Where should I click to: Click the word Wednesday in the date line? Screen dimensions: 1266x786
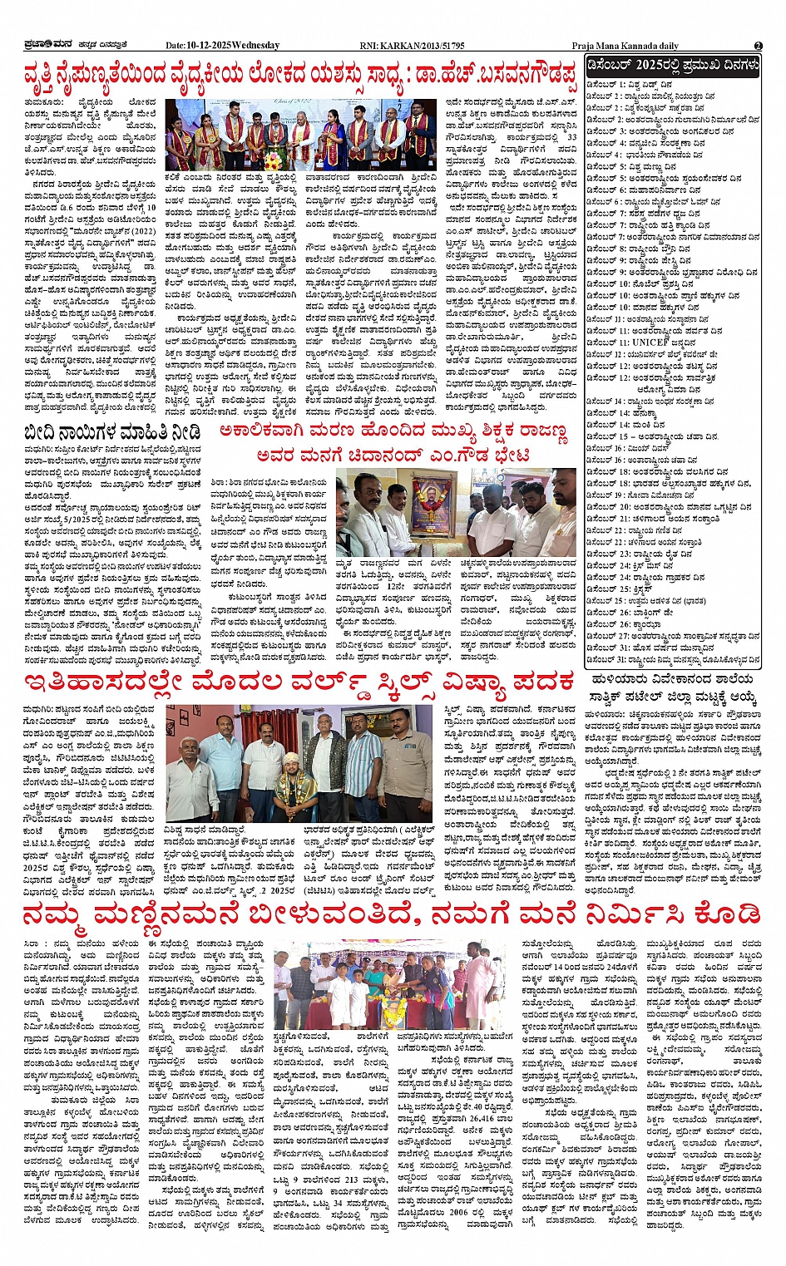tap(256, 46)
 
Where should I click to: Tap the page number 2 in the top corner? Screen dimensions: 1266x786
tap(758, 46)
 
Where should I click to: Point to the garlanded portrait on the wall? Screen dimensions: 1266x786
tap(433, 501)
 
